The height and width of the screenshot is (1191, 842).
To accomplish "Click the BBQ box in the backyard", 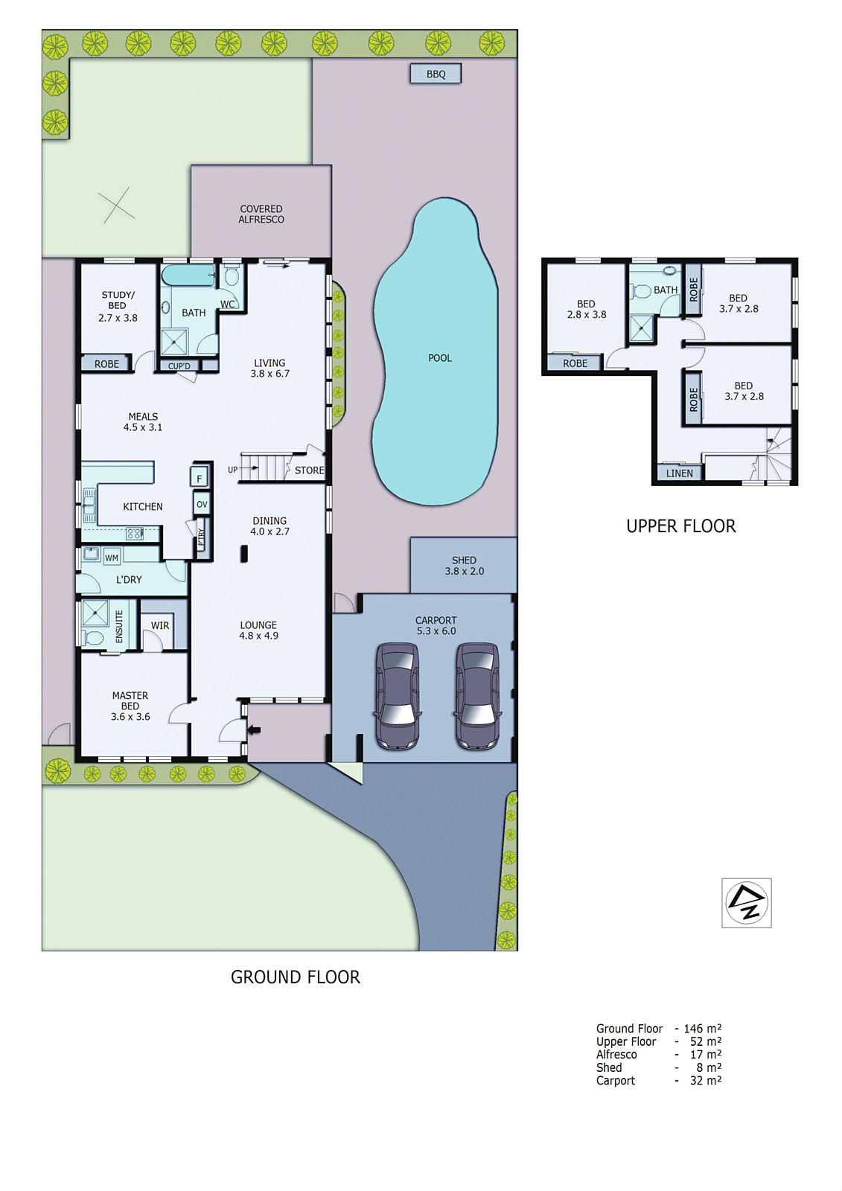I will click(436, 74).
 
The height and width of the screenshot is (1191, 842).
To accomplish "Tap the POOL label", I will click(440, 358).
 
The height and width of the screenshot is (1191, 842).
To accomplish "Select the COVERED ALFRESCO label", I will click(261, 214).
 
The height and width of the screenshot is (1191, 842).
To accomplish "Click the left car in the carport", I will click(398, 695).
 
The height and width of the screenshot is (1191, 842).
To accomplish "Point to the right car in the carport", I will click(477, 695).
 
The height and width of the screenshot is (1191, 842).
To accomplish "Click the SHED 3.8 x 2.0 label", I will click(464, 566).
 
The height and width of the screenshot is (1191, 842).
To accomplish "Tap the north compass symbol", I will click(747, 903).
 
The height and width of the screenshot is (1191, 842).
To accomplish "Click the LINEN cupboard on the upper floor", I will click(679, 473).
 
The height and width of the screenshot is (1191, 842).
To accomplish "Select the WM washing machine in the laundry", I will click(112, 558).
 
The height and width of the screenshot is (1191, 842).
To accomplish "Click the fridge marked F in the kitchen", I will click(200, 478).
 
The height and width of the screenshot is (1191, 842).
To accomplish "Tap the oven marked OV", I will click(202, 504).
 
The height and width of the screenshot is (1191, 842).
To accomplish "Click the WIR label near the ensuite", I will click(160, 625).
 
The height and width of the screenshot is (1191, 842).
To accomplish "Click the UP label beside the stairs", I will click(233, 470).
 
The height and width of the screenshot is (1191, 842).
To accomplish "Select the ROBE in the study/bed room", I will click(106, 364).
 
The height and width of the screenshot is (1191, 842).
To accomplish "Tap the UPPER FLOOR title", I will click(680, 526).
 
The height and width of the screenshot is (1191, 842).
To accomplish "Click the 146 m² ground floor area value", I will click(702, 1029).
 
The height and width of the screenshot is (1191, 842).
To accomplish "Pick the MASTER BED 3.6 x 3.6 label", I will click(130, 706).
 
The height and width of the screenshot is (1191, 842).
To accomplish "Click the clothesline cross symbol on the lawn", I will click(117, 206).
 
